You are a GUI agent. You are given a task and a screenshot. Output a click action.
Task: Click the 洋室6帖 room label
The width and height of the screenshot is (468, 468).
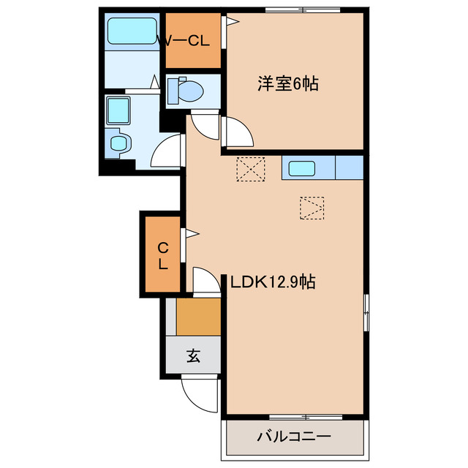point(287,83)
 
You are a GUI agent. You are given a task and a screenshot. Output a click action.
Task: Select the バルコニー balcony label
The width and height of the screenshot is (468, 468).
point(293,437)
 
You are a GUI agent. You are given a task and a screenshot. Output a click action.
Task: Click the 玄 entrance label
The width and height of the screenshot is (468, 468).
point(193,356)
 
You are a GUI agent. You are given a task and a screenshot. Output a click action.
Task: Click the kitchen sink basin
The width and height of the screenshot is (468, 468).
point(302,169)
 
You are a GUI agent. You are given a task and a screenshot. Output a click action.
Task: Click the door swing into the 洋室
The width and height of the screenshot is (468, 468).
point(238,132)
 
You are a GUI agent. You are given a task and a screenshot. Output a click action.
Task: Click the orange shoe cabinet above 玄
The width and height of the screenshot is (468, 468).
point(198,317)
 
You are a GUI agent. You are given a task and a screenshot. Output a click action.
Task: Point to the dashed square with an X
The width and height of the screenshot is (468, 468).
point(249,170)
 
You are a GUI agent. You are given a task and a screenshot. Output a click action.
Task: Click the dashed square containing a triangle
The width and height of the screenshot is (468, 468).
point(312,208)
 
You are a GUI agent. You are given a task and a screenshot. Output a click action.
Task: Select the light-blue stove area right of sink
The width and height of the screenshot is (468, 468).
point(350,169)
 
